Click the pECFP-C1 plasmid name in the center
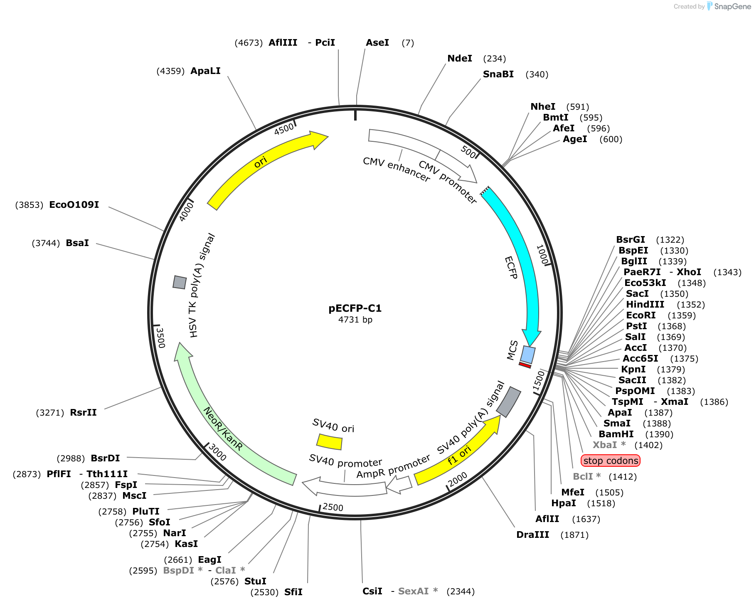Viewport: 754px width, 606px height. [355, 308]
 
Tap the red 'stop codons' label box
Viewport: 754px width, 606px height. [611, 461]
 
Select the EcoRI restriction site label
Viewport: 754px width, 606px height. [641, 315]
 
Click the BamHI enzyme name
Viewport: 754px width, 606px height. [616, 434]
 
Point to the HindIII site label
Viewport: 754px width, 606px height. [645, 305]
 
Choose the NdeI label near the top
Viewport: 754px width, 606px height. [460, 59]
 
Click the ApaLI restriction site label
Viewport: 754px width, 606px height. [205, 71]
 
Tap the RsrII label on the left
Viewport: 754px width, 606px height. [83, 413]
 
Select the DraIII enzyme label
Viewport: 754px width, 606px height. [532, 535]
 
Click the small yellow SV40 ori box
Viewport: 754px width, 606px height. [329, 442]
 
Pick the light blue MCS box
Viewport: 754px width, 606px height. [528, 355]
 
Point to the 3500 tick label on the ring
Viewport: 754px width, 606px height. [160, 337]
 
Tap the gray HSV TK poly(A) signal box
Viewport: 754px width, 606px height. [180, 282]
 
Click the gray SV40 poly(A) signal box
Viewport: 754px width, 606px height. [509, 402]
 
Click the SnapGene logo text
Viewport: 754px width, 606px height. [732, 6]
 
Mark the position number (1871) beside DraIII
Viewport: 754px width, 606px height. [574, 535]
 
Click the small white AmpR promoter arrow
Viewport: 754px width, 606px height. [399, 484]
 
